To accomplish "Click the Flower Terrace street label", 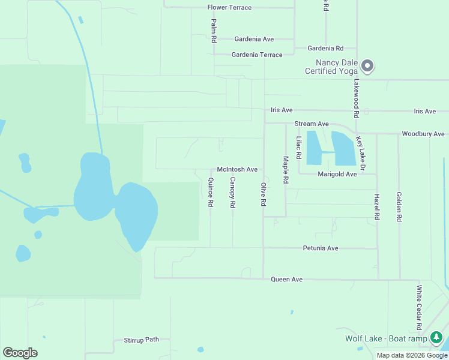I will coord(229,8).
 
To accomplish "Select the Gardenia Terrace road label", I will coord(257,55).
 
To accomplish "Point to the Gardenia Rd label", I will coord(325,48).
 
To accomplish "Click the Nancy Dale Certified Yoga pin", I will coord(367,66).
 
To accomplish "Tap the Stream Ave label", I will coord(312,124).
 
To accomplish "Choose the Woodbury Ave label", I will coord(423,134).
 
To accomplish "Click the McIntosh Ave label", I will coord(237,170).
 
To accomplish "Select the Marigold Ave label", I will coord(337,174).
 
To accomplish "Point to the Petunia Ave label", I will coord(321,248).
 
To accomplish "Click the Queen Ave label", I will coord(287,279).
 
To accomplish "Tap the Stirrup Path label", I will coord(141,339).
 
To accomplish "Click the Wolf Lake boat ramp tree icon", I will coord(438,338).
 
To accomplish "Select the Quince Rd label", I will coord(211,193).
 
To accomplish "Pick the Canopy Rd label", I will coord(232,193).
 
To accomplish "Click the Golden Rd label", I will coord(399,206).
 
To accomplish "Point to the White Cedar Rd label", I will coord(420,307).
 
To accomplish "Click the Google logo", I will coord(20,352).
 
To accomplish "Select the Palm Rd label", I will coord(214,30).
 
